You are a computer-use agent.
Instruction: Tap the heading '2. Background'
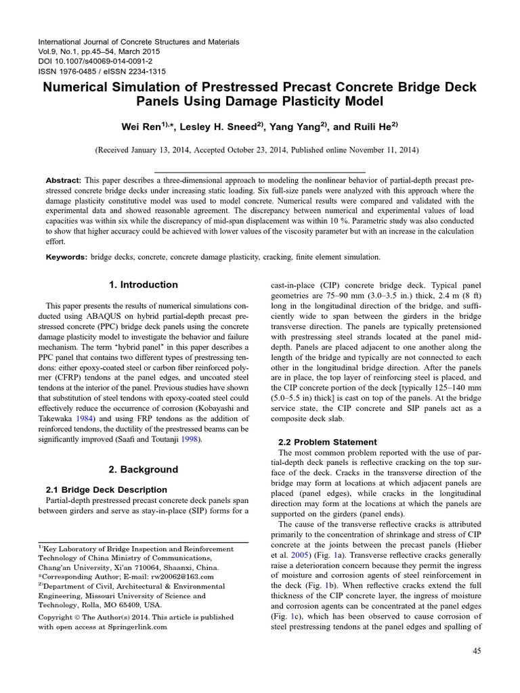coord(143,469)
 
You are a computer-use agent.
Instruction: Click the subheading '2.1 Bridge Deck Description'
coord(106,489)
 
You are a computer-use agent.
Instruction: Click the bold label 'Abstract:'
coord(63,181)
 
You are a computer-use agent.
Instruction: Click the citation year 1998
coord(192,420)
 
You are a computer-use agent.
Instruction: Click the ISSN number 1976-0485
coord(83,71)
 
